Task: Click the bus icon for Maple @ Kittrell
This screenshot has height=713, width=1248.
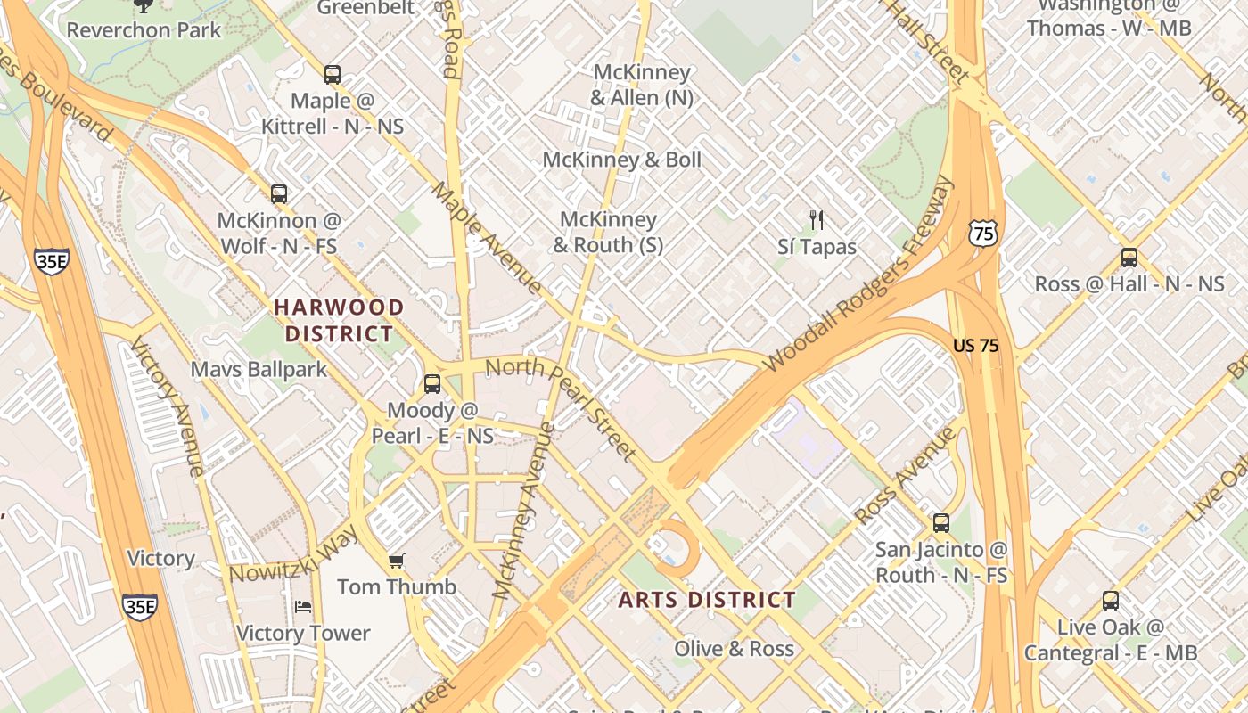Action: click(333, 75)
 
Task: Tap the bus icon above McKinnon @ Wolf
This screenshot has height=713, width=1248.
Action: click(279, 194)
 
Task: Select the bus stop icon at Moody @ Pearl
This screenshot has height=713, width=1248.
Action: click(432, 384)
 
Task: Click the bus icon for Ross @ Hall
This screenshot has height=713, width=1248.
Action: click(1129, 258)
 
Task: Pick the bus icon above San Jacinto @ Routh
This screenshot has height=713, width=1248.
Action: click(940, 523)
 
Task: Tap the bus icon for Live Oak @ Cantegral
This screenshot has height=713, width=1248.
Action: click(1110, 601)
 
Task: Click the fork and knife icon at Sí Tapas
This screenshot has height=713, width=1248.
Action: click(816, 220)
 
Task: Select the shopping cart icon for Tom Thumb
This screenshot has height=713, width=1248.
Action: click(397, 561)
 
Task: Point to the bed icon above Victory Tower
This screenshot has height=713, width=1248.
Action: click(303, 607)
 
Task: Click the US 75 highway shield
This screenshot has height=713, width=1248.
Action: click(981, 234)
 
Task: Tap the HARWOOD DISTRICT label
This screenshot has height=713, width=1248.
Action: click(339, 321)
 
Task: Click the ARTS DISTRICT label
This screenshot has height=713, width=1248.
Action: click(707, 600)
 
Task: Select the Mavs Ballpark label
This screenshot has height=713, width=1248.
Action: click(259, 369)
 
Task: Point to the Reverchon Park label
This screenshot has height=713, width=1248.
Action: click(144, 29)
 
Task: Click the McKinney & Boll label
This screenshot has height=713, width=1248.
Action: click(622, 160)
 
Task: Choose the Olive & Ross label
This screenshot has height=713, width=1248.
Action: click(734, 649)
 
